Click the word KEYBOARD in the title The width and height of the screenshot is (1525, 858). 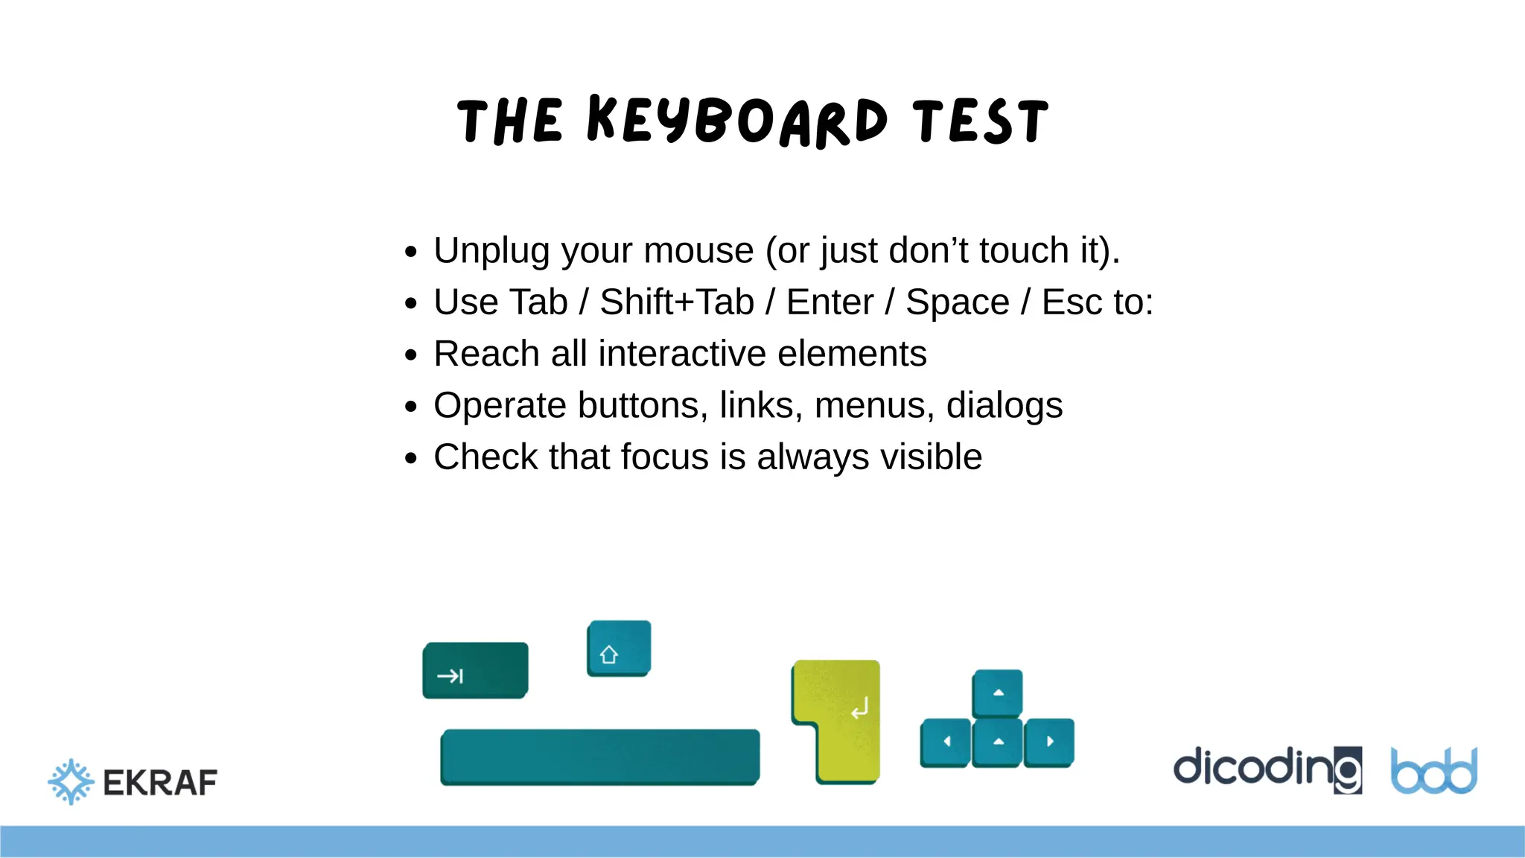tap(737, 121)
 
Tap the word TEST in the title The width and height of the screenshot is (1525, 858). tap(981, 121)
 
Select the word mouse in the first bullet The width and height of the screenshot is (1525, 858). tap(698, 250)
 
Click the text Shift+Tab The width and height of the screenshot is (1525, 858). tap(677, 302)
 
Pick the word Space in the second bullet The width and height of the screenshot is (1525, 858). tap(957, 302)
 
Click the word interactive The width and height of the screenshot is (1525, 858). tap(681, 354)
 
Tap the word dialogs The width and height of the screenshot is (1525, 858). tap(1004, 406)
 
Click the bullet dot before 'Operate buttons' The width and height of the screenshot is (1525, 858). tap(411, 407)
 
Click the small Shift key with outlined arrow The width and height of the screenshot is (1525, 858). tap(618, 648)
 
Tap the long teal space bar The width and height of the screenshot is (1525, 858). tap(600, 757)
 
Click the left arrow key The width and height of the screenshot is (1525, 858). tap(946, 742)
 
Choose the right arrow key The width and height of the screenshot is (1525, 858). tap(1049, 742)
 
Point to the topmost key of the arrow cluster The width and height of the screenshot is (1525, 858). tap(998, 693)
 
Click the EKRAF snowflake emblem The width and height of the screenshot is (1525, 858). tap(71, 781)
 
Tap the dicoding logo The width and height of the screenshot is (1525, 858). tap(1267, 769)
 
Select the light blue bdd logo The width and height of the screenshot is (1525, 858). tap(1433, 771)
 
